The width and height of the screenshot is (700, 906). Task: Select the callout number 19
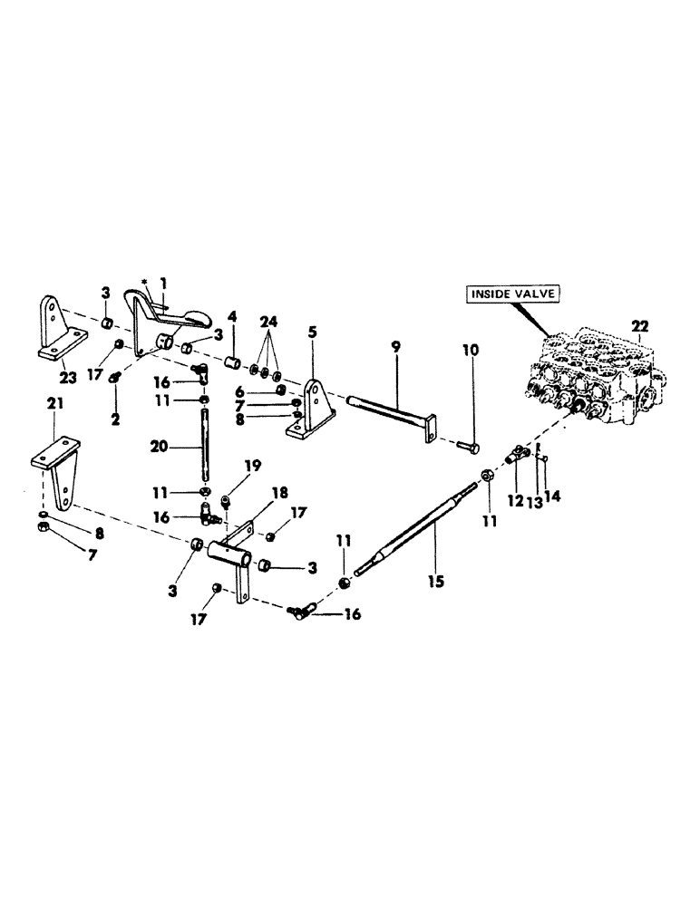(x=251, y=467)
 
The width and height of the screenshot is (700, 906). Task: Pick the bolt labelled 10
(x=466, y=446)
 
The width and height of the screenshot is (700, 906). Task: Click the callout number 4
(x=231, y=317)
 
